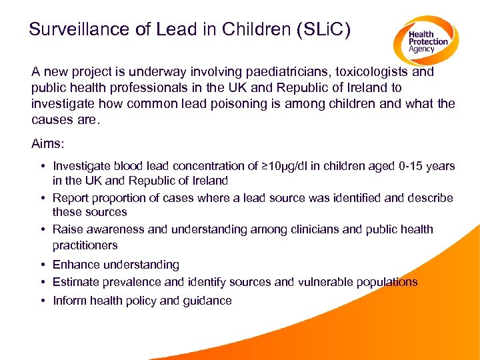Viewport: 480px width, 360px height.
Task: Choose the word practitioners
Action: point(85,245)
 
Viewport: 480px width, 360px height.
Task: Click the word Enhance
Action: point(76,265)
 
